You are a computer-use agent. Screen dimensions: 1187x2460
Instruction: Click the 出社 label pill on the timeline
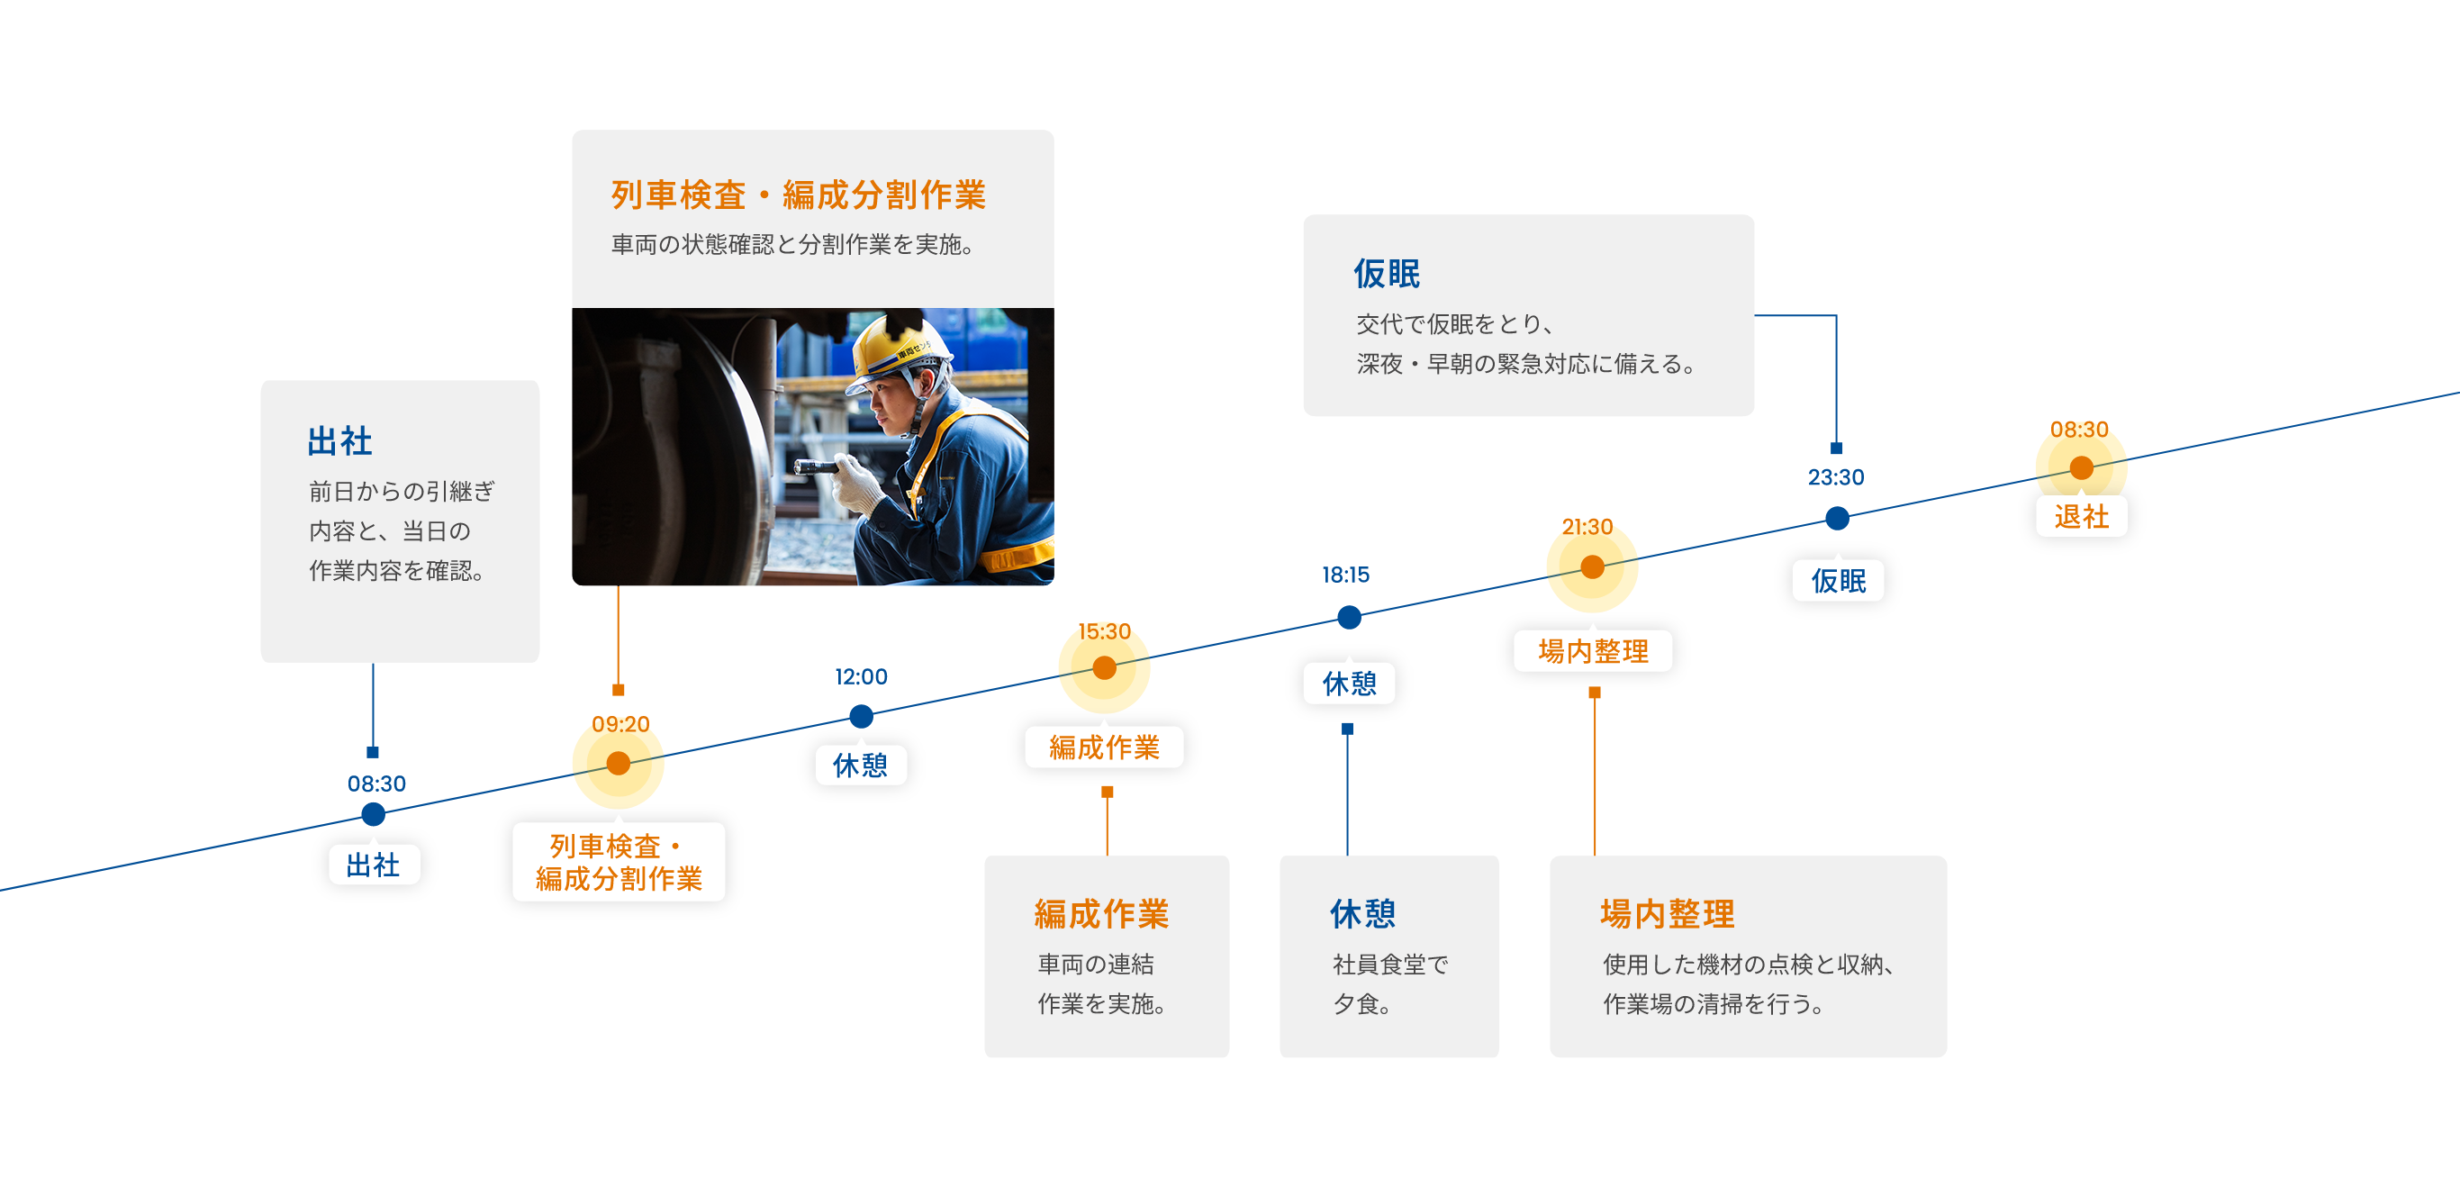(x=373, y=865)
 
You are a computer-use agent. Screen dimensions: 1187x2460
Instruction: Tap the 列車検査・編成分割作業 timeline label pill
(x=619, y=862)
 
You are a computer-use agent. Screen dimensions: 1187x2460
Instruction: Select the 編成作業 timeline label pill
(x=1104, y=748)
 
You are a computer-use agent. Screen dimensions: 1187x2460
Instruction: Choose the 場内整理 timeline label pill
(x=1593, y=651)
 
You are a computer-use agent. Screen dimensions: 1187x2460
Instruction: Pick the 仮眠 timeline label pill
(x=1839, y=581)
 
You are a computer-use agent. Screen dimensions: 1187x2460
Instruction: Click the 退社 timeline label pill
(x=2082, y=517)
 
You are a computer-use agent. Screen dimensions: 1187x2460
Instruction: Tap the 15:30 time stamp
(x=1104, y=632)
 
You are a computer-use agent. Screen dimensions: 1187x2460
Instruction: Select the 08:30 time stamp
(x=2079, y=430)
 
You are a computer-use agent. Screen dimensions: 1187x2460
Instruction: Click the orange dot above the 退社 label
(x=2082, y=468)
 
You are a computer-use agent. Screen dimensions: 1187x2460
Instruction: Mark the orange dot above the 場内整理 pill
(x=1592, y=567)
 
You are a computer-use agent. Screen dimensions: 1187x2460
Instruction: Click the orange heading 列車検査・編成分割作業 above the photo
(x=799, y=195)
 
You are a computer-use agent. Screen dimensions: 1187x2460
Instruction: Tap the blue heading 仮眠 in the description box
(x=1387, y=274)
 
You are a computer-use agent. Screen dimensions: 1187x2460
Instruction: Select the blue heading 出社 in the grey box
(x=340, y=441)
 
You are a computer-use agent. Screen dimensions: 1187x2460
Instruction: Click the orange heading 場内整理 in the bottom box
(x=1668, y=914)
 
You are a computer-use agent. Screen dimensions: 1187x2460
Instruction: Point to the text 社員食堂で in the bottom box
(x=1390, y=965)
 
